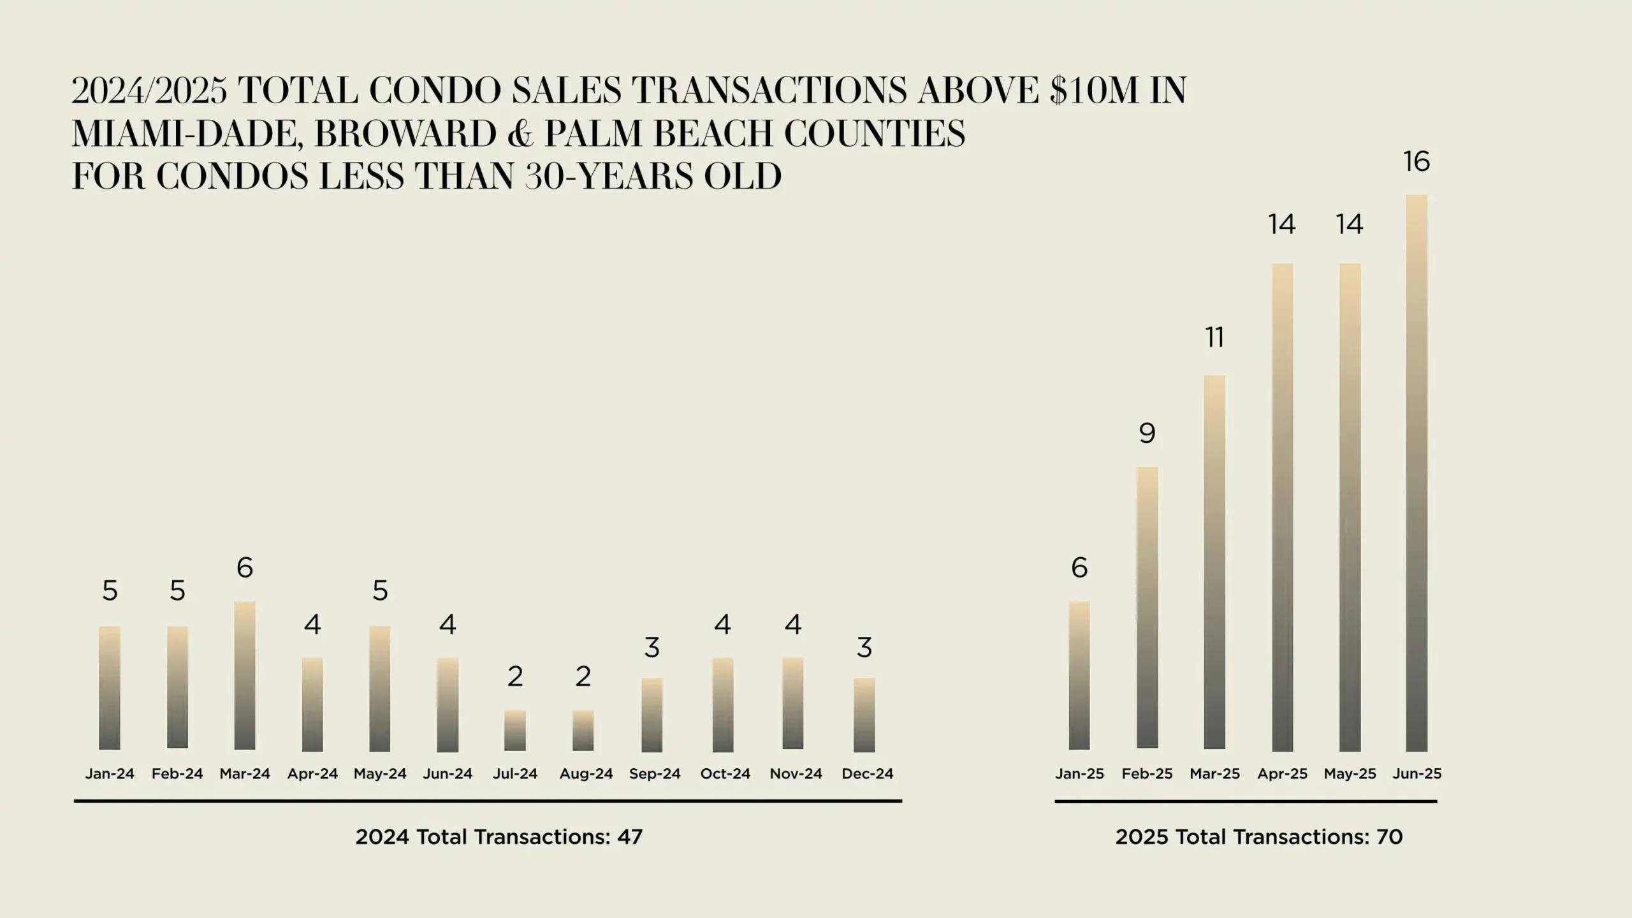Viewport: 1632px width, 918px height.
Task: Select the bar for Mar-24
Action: [245, 675]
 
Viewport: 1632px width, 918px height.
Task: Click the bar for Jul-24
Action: [515, 731]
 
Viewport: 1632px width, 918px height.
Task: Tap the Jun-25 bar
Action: [1417, 473]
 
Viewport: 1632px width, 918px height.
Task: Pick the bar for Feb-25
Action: [1147, 608]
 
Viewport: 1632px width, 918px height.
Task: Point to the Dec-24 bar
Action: [864, 715]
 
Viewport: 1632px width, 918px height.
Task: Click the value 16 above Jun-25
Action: [1417, 162]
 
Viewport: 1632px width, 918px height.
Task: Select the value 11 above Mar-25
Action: [1214, 337]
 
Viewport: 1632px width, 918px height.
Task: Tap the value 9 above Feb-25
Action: [1147, 433]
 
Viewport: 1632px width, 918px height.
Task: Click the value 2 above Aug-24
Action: [583, 676]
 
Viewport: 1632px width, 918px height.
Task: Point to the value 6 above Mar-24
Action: [245, 567]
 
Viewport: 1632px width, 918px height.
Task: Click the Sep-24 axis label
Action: [655, 774]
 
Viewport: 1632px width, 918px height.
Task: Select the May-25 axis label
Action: [1350, 774]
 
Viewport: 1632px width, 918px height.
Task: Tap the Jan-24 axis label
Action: [110, 774]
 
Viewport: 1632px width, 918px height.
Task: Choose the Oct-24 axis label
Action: [725, 774]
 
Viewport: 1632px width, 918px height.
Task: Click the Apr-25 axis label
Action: [1282, 774]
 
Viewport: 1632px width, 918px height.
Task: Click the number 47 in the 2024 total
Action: [630, 837]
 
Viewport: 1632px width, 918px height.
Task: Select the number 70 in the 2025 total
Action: [1390, 837]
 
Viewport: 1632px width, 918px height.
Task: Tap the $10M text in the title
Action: [1094, 90]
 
